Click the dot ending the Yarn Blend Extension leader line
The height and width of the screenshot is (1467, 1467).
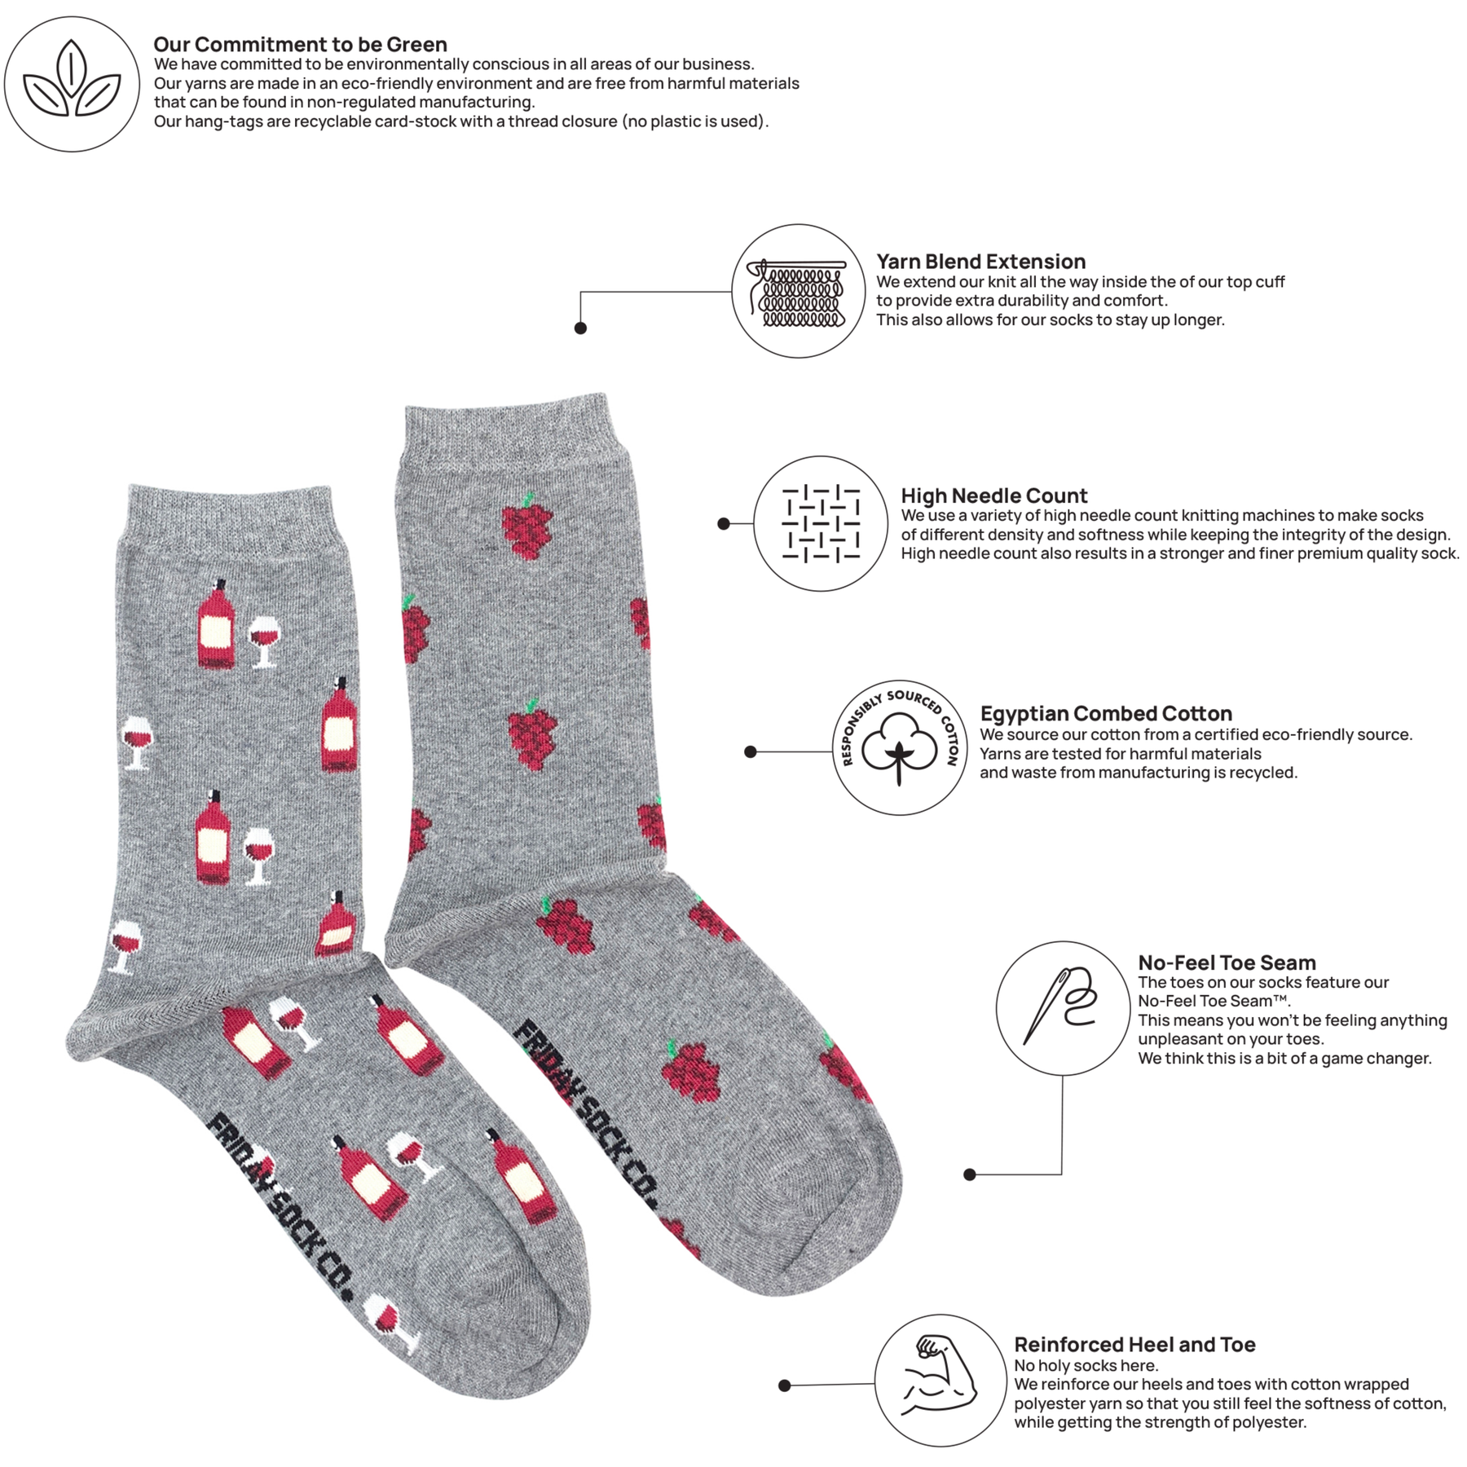pyautogui.click(x=580, y=328)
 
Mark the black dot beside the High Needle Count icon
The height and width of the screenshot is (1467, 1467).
pyautogui.click(x=724, y=523)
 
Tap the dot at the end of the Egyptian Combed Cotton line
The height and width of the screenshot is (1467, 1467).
pyautogui.click(x=751, y=751)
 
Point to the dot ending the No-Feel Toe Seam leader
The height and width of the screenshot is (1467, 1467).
pyautogui.click(x=969, y=1174)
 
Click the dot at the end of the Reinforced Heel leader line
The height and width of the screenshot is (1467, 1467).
pyautogui.click(x=784, y=1385)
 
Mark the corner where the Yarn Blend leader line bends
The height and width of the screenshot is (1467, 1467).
pyautogui.click(x=580, y=292)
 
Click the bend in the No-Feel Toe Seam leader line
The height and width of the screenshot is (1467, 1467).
pyautogui.click(x=1062, y=1174)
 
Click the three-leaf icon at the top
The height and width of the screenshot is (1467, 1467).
pyautogui.click(x=72, y=83)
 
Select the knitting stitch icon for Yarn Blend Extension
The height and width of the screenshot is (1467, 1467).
pyautogui.click(x=799, y=293)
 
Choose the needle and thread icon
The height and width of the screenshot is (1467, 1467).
pyautogui.click(x=1062, y=1006)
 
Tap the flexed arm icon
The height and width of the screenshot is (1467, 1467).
pyautogui.click(x=939, y=1377)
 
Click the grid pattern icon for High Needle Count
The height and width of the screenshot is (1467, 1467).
pyautogui.click(x=821, y=523)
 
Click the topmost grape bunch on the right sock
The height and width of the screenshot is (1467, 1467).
pyautogui.click(x=527, y=526)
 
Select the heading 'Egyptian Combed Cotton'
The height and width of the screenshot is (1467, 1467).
pyautogui.click(x=1106, y=714)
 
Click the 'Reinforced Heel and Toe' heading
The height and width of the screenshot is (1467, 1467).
pyautogui.click(x=1134, y=1345)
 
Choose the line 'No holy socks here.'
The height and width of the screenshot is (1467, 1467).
pyautogui.click(x=1086, y=1366)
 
